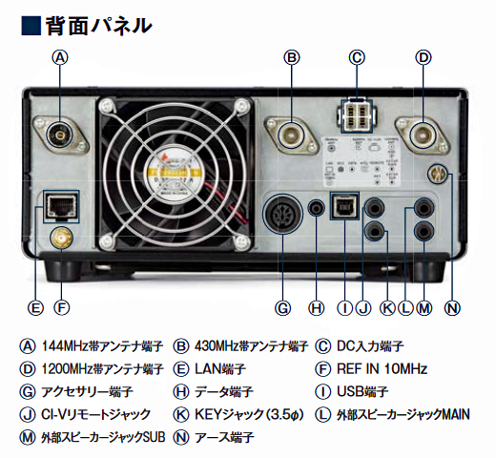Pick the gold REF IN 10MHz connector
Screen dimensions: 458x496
pos(62,237)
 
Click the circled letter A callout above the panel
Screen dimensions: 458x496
pos(61,57)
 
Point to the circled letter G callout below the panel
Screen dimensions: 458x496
pos(282,307)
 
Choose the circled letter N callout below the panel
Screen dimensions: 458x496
pos(452,307)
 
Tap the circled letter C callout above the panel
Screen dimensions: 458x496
pos(357,57)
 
